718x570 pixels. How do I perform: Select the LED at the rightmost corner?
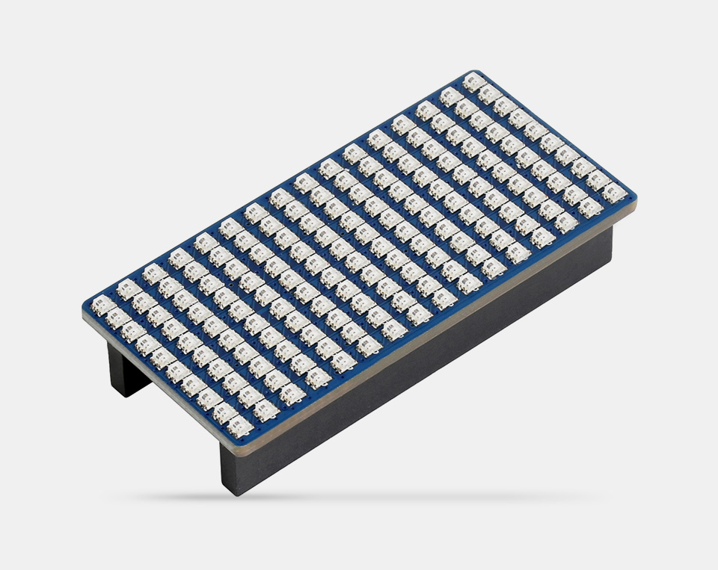pyautogui.click(x=614, y=193)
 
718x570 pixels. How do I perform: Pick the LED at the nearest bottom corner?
pyautogui.click(x=240, y=427)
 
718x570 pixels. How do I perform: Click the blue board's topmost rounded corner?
pyautogui.click(x=476, y=72)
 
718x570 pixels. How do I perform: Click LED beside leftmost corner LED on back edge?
pyautogui.click(x=128, y=289)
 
